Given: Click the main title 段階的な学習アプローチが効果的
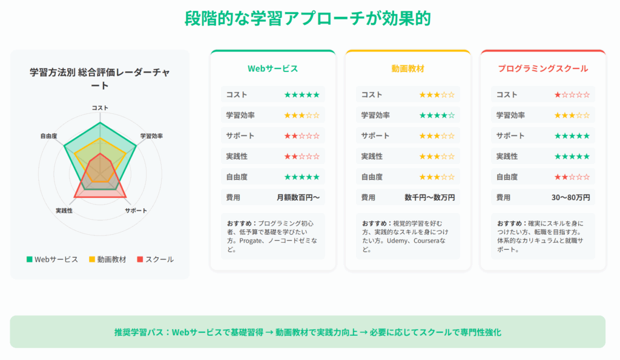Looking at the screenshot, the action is [308, 19].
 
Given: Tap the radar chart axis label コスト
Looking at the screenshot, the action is [100, 108].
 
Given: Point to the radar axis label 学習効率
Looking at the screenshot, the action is [151, 136].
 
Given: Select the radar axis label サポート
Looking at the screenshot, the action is [136, 211].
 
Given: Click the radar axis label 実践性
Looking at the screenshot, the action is [64, 211].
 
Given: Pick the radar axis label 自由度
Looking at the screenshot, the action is [48, 136].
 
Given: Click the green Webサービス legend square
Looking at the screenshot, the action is [29, 259].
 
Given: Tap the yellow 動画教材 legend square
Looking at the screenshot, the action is [92, 259].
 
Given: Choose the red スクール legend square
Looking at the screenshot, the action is [140, 259].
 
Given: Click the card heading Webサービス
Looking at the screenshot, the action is [273, 68].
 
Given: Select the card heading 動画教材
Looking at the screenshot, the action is [407, 68].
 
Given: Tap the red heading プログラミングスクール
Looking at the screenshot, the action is [543, 68].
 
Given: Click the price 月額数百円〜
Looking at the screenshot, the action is [298, 197].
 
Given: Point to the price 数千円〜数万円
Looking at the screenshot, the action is [430, 197].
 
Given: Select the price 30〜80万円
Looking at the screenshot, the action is [570, 197].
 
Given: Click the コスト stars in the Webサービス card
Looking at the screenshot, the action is [302, 95].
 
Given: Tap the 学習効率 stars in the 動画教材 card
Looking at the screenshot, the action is [437, 116].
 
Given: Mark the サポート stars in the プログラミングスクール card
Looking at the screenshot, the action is [572, 136].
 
